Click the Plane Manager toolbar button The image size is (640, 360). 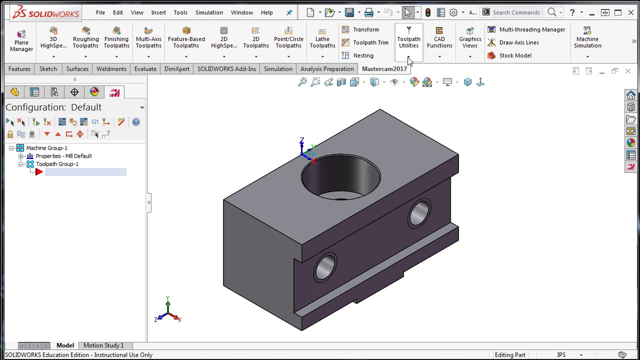coord(21,39)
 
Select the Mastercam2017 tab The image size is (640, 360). coord(384,68)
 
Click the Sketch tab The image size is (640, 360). coord(48,68)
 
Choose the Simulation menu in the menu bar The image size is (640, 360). coord(209,12)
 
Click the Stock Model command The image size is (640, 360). coord(514,55)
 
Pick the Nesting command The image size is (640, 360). coord(362,55)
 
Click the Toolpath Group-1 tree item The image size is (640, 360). coord(57,164)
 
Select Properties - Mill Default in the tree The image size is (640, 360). coord(63,156)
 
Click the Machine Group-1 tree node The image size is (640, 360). coord(46,148)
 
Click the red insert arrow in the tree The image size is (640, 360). coord(39,172)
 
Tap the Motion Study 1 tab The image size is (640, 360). coord(103,345)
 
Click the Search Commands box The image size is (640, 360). coord(517,12)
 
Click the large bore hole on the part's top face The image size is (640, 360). coord(340,177)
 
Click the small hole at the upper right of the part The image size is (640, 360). coord(419,212)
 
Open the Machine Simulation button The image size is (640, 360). coord(587,39)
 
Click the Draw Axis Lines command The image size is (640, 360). coord(518,42)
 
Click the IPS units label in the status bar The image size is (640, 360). coord(561,355)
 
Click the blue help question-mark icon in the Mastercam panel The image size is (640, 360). coord(136,122)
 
